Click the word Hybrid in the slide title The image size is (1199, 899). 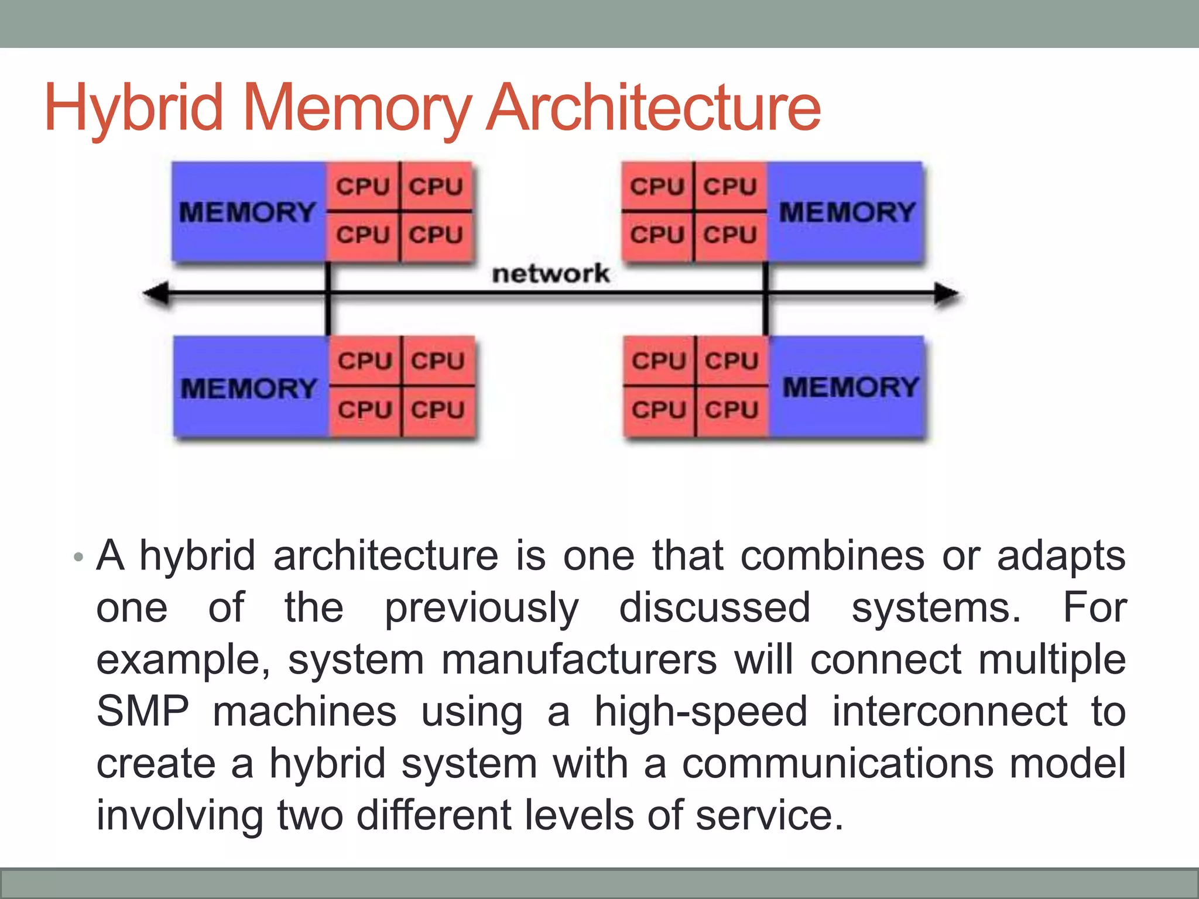point(133,108)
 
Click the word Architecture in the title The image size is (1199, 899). point(654,108)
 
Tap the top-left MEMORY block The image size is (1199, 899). point(248,211)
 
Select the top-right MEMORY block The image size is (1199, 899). point(847,211)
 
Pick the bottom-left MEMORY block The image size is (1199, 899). point(249,388)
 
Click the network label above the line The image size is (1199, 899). point(550,273)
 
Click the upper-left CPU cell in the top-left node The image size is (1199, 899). point(362,187)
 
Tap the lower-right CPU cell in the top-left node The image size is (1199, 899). point(436,235)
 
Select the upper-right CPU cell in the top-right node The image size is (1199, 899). point(730,187)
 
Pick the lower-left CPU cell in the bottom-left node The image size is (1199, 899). point(364,410)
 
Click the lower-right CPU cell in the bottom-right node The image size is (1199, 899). point(732,410)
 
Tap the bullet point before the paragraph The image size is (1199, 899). point(78,557)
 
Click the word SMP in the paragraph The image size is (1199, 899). point(142,712)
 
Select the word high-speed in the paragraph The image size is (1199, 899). point(701,712)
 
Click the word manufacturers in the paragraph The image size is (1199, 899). point(578,660)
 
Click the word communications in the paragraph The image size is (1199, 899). point(838,763)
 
